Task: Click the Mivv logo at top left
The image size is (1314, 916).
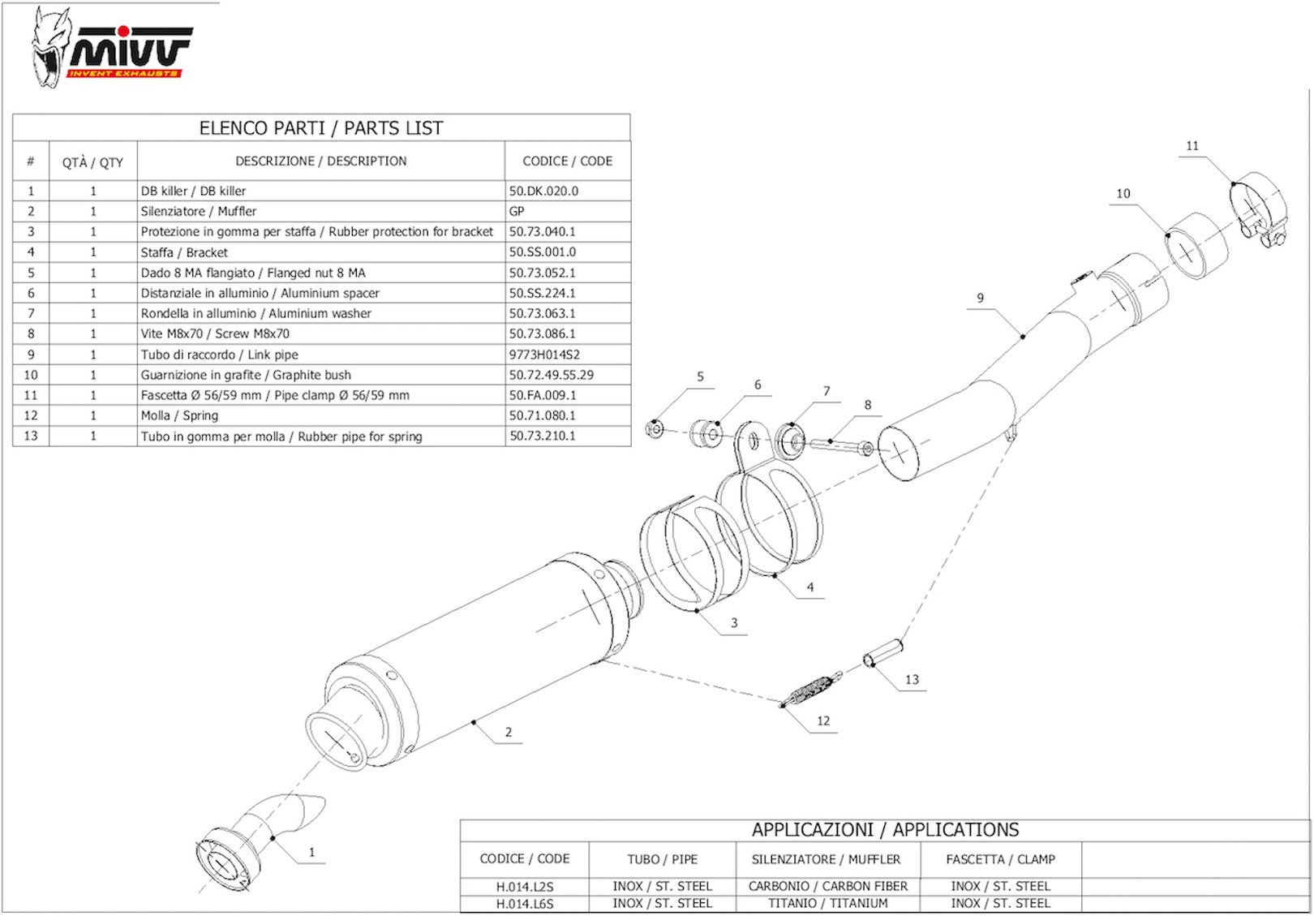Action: pyautogui.click(x=111, y=47)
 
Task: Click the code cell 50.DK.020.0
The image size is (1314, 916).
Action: pyautogui.click(x=543, y=191)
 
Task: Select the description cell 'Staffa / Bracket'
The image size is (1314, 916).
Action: pyautogui.click(x=184, y=252)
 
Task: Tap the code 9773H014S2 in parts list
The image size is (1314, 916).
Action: pyautogui.click(x=544, y=355)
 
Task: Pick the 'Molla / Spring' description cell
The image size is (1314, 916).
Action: pyautogui.click(x=179, y=415)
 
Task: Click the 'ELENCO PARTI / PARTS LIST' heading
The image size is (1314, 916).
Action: pyautogui.click(x=321, y=128)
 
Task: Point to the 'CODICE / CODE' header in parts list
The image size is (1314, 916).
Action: pyautogui.click(x=567, y=161)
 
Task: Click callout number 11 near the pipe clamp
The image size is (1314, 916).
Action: pyautogui.click(x=1192, y=145)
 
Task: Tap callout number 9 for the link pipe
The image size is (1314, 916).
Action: pyautogui.click(x=980, y=298)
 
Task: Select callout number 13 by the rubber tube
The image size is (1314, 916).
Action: pyautogui.click(x=912, y=680)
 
